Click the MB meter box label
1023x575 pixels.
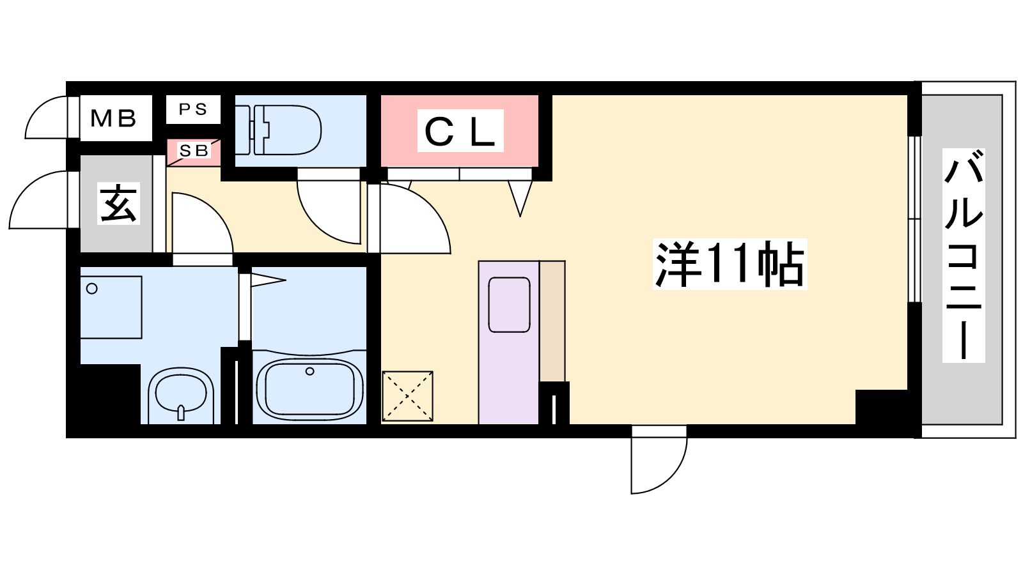coord(113,119)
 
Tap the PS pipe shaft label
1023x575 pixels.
coord(192,109)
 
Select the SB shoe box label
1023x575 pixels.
coord(194,151)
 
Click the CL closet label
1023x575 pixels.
coord(460,131)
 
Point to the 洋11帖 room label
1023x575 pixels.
coord(730,264)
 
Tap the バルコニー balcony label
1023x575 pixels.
coord(964,256)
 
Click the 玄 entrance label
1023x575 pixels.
coord(118,204)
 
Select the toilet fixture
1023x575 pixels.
coord(279,130)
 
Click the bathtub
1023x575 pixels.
coord(309,389)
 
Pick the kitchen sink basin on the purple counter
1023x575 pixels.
coord(509,305)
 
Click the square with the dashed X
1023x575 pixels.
coord(407,396)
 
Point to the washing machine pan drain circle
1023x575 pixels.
coord(92,289)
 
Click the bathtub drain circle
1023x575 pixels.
coord(309,371)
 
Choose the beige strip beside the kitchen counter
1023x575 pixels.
coord(552,321)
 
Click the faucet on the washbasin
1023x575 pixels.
coord(181,413)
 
